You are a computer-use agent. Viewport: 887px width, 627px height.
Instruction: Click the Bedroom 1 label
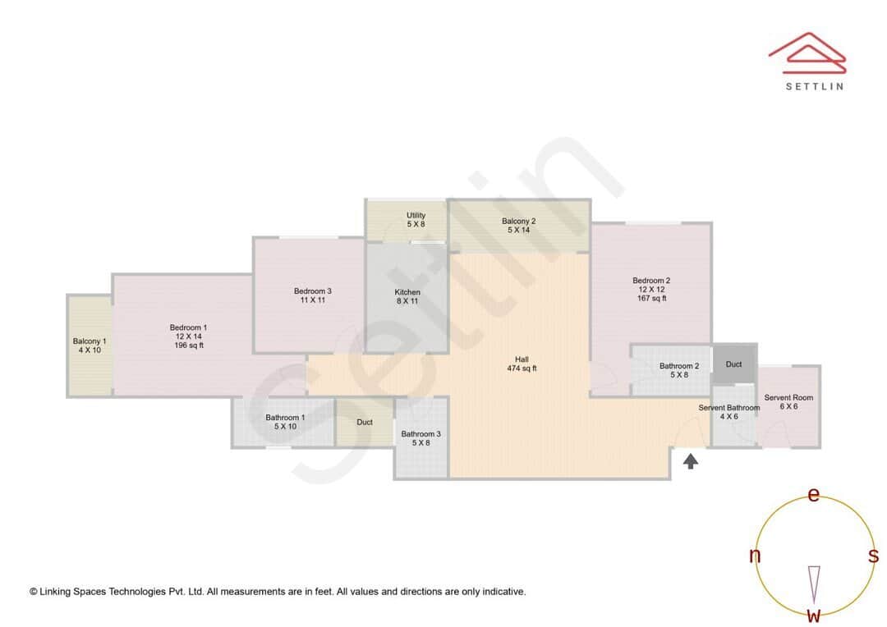(x=188, y=327)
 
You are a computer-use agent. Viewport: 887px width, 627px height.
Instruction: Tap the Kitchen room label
(x=407, y=292)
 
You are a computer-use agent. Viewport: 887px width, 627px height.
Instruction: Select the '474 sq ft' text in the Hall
(x=522, y=368)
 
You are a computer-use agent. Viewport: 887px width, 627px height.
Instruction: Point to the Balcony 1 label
(x=90, y=341)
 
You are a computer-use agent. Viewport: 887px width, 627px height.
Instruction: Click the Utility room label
(x=416, y=215)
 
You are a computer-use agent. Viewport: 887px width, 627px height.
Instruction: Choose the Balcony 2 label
(x=519, y=221)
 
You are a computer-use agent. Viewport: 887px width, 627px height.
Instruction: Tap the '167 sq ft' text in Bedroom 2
(x=651, y=299)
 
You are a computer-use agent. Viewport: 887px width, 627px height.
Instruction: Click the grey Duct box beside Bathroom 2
(x=733, y=364)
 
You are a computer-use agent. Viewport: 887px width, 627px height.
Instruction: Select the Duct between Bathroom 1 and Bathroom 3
(x=365, y=423)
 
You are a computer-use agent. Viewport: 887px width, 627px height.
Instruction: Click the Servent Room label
(x=788, y=398)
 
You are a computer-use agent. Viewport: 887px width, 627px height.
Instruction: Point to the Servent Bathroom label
(x=729, y=408)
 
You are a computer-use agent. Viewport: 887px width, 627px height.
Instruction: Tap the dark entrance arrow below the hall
(x=691, y=461)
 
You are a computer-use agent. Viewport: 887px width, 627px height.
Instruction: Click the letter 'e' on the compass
(x=814, y=495)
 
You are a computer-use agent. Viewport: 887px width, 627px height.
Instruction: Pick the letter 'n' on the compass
(x=755, y=556)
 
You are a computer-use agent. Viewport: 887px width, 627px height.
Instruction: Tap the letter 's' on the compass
(x=873, y=556)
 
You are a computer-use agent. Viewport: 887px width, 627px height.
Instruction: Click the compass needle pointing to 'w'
(x=814, y=583)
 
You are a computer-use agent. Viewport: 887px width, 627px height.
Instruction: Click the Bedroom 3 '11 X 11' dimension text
(x=312, y=300)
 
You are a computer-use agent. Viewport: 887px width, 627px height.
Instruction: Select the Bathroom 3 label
(x=421, y=434)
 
